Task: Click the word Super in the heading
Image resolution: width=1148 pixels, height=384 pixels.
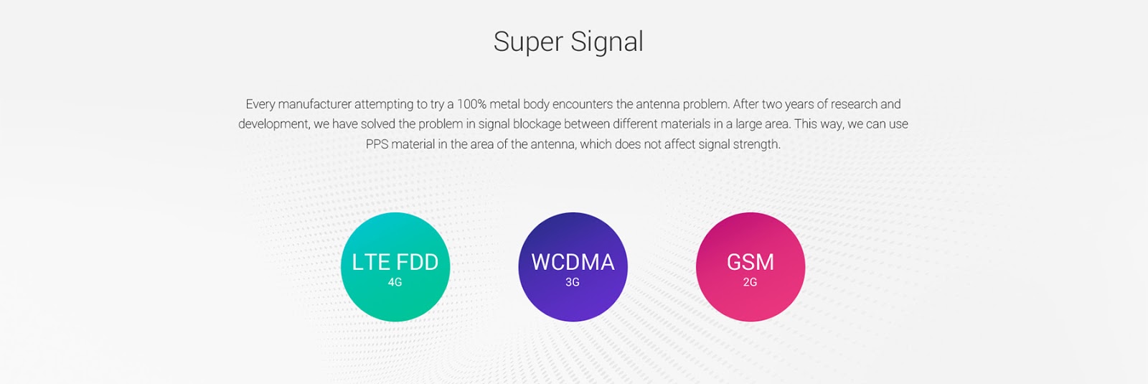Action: [527, 42]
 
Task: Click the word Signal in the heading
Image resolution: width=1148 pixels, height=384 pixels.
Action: [607, 42]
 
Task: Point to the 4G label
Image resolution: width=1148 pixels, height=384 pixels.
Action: [395, 282]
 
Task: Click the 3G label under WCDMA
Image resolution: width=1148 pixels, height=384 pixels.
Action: [573, 282]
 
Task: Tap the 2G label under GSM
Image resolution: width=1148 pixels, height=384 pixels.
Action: [751, 282]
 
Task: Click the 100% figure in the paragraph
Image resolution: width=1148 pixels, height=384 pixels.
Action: [471, 104]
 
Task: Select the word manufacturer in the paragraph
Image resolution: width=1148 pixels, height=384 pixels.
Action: [314, 104]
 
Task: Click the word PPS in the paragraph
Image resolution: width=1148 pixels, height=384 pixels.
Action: [377, 144]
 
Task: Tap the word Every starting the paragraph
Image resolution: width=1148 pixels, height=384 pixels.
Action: [260, 104]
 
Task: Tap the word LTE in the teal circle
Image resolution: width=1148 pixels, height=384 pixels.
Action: [371, 262]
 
